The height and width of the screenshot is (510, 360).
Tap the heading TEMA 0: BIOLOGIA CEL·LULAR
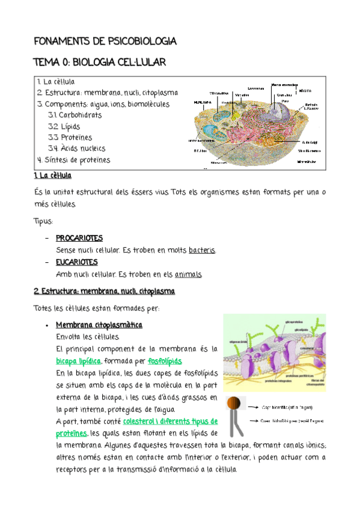click(x=100, y=63)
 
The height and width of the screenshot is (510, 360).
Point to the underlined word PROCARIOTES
click(x=79, y=238)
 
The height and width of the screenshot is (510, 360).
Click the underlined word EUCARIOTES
click(x=76, y=262)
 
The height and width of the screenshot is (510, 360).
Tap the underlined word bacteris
click(x=201, y=250)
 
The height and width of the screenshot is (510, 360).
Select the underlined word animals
click(x=188, y=274)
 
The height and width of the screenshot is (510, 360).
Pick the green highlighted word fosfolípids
click(x=164, y=361)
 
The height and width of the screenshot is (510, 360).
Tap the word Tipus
click(x=43, y=221)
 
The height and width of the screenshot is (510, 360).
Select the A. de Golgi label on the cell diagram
click(x=310, y=141)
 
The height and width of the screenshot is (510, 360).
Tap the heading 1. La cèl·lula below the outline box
click(x=52, y=175)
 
